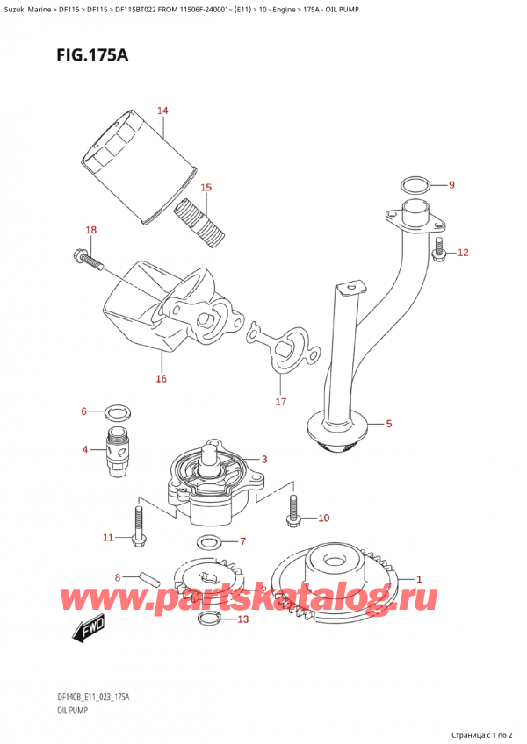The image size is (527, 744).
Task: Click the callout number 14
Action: (x=162, y=111)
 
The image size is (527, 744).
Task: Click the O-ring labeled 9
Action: (x=415, y=185)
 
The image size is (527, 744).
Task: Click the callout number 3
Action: (x=263, y=458)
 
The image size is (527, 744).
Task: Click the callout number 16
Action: (x=161, y=378)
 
